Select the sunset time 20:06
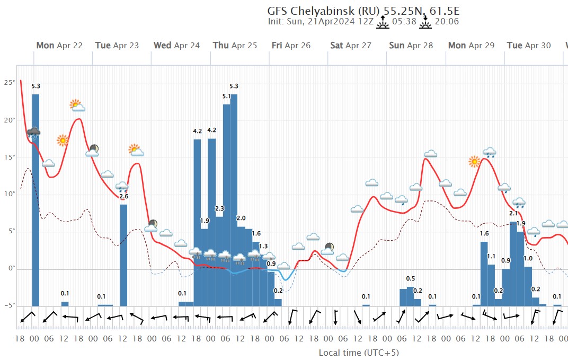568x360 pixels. [446, 22]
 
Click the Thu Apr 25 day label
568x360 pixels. [235, 46]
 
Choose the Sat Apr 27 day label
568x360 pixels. [351, 46]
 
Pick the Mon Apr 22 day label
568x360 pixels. [59, 46]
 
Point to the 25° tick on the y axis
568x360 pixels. [10, 83]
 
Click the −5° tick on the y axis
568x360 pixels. [8, 306]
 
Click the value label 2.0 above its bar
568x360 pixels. [241, 218]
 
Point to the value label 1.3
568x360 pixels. [263, 245]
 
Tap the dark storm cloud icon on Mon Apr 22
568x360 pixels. [33, 133]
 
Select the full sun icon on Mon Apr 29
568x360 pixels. [474, 161]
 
